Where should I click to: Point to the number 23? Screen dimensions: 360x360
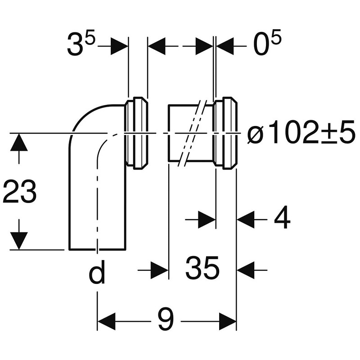coord(19,192)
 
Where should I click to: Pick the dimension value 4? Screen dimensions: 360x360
coord(282,220)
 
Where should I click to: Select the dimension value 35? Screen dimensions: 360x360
coord(202,269)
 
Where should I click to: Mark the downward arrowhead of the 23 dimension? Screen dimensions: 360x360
coord(18,241)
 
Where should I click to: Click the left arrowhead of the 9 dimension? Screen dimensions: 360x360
coord(106,322)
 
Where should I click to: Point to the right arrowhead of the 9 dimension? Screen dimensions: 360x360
coord(227,322)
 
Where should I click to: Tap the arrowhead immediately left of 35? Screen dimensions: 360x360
coord(159,270)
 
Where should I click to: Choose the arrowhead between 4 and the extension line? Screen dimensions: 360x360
coord(246,220)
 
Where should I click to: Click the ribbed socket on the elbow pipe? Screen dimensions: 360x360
coord(136,133)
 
